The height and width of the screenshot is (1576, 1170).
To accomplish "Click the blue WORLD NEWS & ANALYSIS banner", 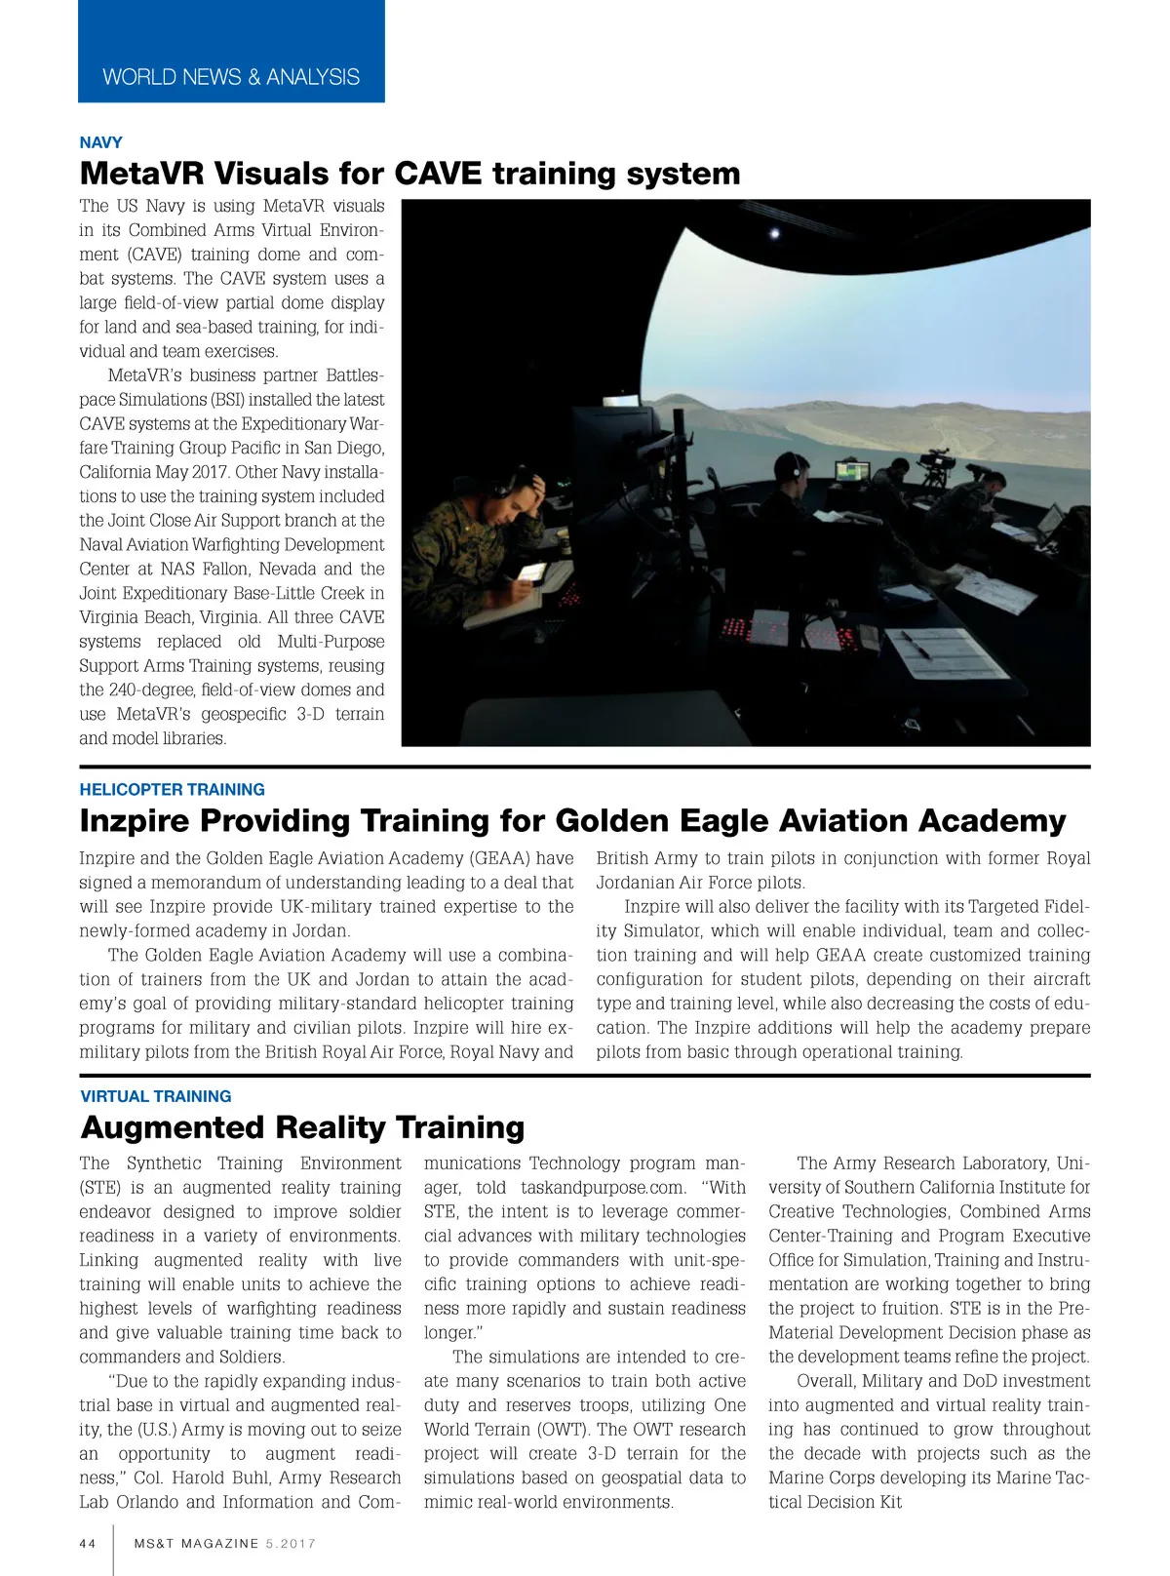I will click(231, 76).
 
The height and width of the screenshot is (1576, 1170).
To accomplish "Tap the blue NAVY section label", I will click(100, 142).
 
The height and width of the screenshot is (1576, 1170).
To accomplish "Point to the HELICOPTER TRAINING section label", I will click(172, 789).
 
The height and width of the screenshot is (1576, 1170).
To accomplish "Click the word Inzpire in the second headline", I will click(135, 821).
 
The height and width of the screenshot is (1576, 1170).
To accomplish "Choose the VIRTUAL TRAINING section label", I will click(156, 1095).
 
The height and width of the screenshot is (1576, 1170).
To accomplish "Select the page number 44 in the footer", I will click(88, 1543).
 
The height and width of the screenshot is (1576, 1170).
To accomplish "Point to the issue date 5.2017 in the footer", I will click(291, 1543).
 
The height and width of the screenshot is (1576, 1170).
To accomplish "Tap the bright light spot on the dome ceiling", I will click(775, 233).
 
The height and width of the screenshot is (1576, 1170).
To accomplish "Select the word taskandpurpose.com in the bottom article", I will click(603, 1187).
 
